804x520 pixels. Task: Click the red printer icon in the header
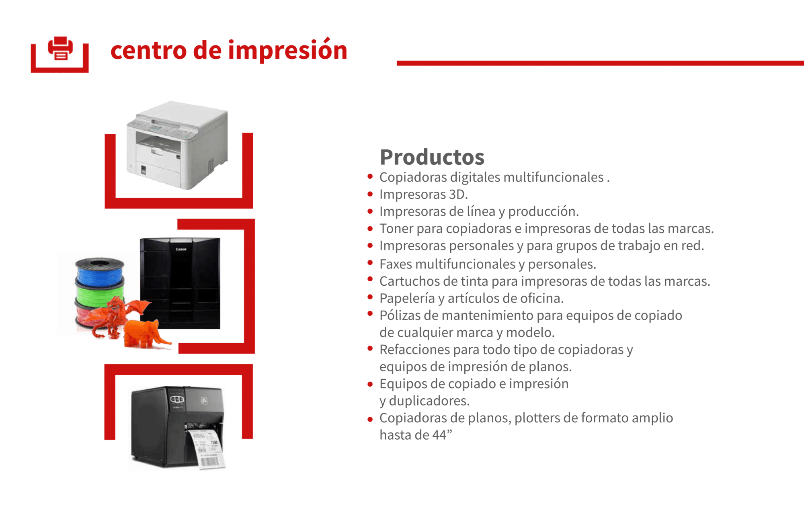60,48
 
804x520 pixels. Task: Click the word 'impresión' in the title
288,51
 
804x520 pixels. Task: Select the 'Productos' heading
432,157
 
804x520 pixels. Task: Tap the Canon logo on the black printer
181,250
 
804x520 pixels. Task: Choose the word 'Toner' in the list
396,229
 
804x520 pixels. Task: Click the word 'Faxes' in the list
396,264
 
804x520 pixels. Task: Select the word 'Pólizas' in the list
400,315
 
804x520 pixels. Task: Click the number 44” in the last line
442,435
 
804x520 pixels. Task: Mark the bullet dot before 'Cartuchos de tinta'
370,279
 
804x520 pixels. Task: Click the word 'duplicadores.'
429,401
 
